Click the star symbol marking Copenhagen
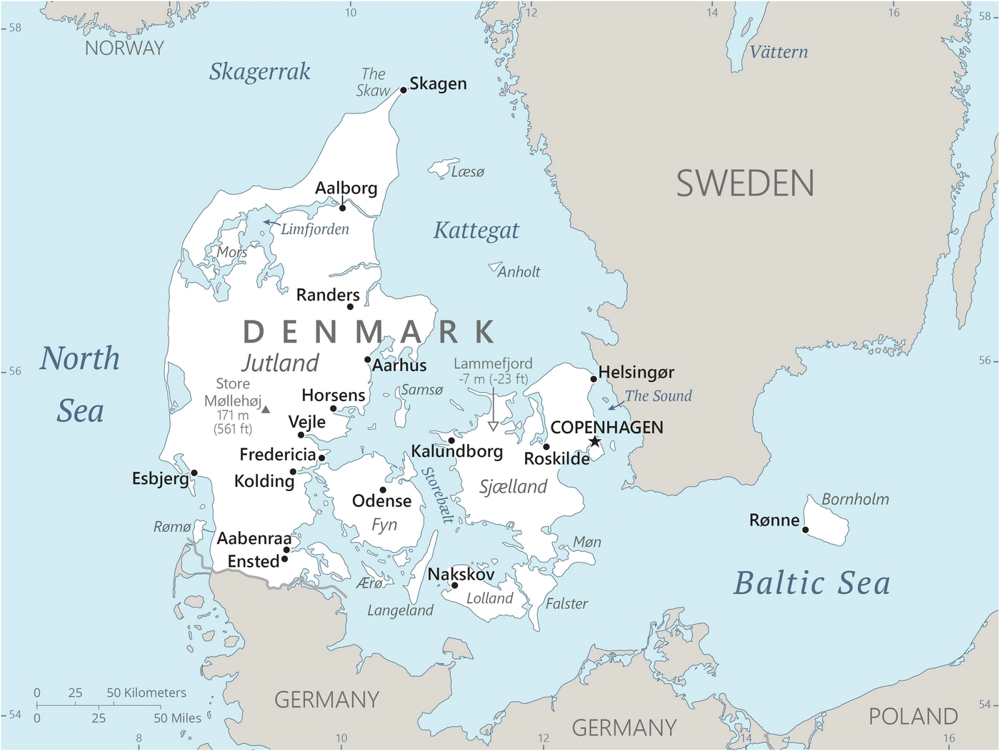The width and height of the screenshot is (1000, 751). click(x=594, y=442)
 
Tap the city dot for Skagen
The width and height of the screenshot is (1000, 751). click(x=404, y=90)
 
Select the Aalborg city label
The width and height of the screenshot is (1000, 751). click(x=346, y=188)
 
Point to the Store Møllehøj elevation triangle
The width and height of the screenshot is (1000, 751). click(x=266, y=410)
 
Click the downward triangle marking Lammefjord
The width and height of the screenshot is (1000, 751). click(x=493, y=426)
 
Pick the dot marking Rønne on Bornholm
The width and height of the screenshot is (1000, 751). click(x=805, y=530)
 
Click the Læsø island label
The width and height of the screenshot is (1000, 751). click(x=468, y=172)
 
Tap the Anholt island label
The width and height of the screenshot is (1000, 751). click(x=519, y=272)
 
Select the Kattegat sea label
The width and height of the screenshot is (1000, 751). click(x=476, y=231)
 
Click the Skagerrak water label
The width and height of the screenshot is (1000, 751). click(x=260, y=71)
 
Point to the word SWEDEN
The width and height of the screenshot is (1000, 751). click(x=745, y=183)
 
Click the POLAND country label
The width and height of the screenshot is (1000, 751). click(x=913, y=716)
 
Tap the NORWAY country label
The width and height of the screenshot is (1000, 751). click(x=124, y=48)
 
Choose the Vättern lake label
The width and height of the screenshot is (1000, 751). click(x=779, y=52)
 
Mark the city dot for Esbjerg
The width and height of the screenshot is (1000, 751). click(x=194, y=473)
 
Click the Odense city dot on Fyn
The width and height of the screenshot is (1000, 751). click(x=383, y=490)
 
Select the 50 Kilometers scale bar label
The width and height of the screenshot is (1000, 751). click(x=146, y=692)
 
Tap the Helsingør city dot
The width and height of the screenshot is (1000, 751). click(x=594, y=379)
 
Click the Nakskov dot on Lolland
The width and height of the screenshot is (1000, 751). click(x=454, y=585)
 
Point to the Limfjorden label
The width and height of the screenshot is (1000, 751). click(x=315, y=229)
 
